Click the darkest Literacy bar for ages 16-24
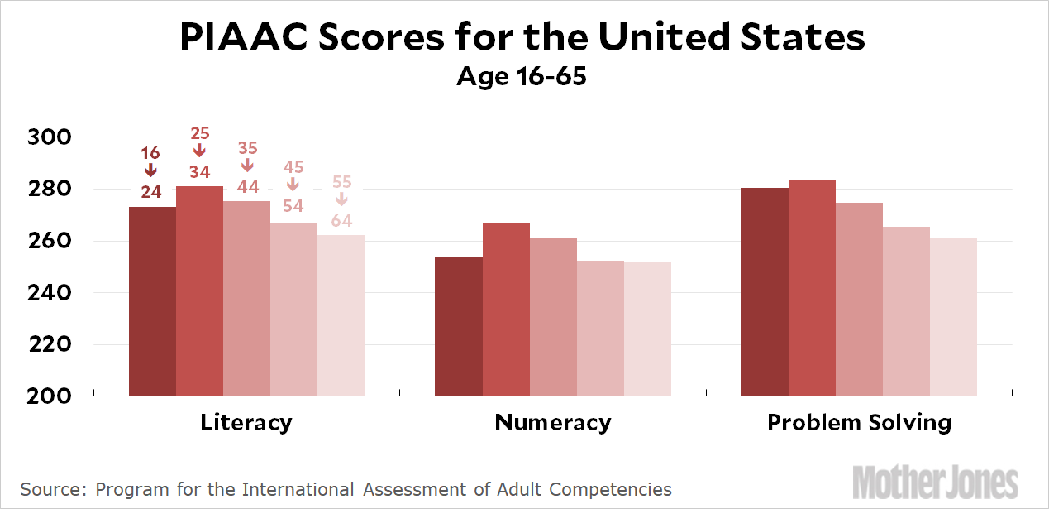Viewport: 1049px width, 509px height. [152, 301]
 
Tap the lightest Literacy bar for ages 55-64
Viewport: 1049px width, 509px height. [341, 315]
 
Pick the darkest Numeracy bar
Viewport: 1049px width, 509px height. [459, 326]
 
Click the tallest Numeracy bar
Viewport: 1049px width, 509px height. [506, 309]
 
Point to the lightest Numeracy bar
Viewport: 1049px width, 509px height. [647, 329]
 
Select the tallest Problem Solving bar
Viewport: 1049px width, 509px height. [812, 288]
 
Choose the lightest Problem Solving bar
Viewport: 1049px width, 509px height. [953, 316]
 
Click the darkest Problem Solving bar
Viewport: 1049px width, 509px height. [765, 291]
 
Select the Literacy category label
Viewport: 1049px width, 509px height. [246, 423]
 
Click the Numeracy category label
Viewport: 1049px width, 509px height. [553, 423]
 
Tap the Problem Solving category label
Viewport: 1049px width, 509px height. [860, 423]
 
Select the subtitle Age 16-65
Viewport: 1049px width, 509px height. [522, 77]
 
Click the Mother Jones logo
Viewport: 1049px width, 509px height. [936, 482]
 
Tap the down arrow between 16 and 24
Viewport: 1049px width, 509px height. [150, 170]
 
